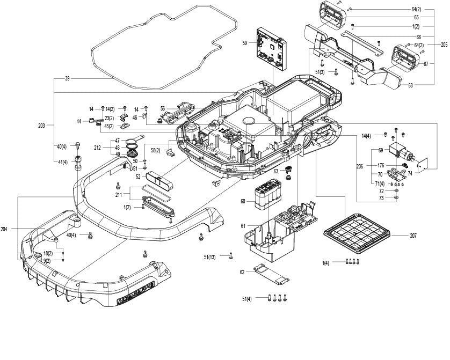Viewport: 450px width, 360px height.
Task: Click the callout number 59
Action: click(x=244, y=43)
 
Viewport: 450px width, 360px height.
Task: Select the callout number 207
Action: click(x=413, y=236)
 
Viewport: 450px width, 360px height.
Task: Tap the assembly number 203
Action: click(x=42, y=126)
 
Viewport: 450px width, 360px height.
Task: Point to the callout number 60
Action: click(x=243, y=201)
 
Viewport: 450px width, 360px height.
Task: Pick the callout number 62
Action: click(x=242, y=273)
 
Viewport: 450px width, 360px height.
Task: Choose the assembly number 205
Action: click(x=444, y=45)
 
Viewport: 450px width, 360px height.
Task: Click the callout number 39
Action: click(x=67, y=79)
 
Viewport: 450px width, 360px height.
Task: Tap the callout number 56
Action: click(x=162, y=108)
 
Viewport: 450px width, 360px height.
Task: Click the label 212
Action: click(x=97, y=148)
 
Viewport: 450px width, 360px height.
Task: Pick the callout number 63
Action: click(x=275, y=171)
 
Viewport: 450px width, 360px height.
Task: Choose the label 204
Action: click(x=4, y=229)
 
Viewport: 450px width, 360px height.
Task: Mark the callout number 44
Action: click(x=78, y=122)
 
